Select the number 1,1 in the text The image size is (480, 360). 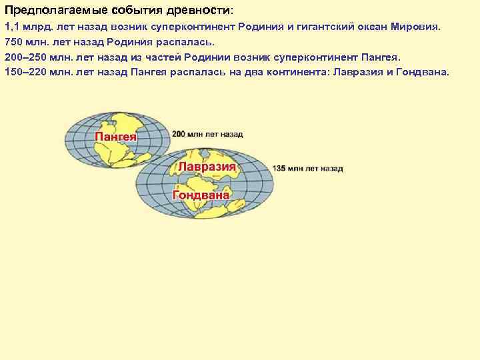(11, 29)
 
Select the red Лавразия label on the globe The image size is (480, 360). (207, 167)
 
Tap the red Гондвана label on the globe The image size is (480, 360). (201, 195)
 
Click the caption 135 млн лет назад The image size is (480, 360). (307, 169)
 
